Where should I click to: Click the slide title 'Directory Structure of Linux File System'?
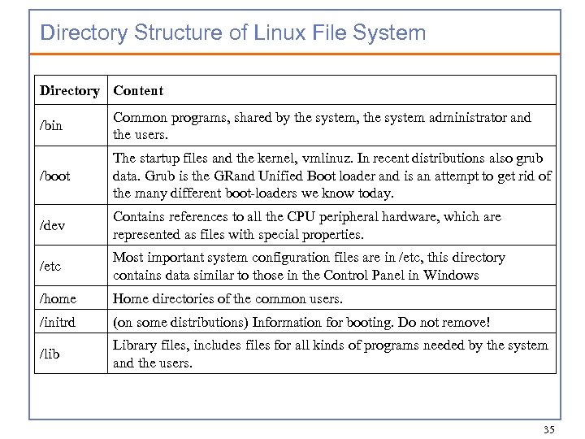click(x=232, y=33)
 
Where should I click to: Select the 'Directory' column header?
click(x=69, y=91)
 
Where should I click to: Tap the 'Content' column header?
click(x=138, y=91)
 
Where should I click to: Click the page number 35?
click(x=548, y=428)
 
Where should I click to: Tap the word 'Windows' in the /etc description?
click(x=452, y=275)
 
